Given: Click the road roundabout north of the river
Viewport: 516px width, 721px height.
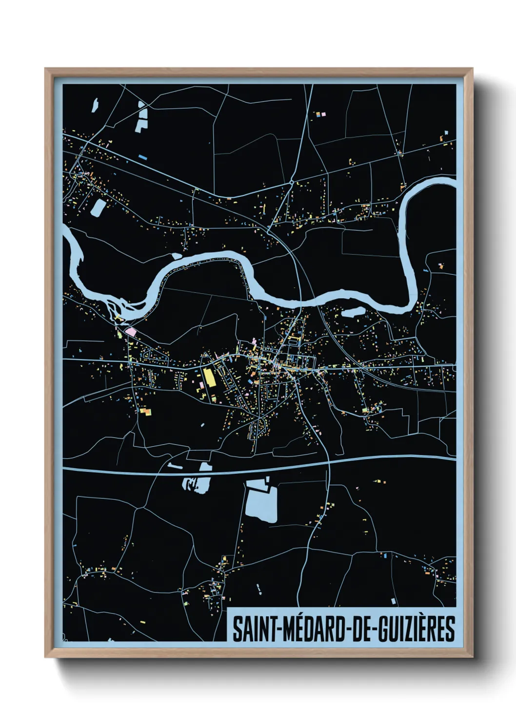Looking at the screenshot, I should (291, 182).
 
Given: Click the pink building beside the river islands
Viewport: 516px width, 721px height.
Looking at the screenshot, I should (130, 332).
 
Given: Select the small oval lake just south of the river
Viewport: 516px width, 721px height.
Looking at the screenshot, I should (353, 311).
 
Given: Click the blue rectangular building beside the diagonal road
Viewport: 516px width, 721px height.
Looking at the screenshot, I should (142, 157).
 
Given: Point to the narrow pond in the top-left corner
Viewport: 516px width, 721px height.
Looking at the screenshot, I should (95, 105).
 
